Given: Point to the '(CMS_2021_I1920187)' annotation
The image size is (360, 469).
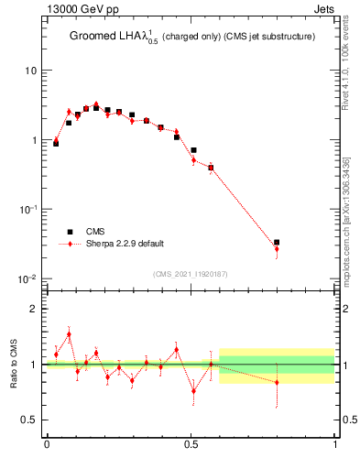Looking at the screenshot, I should click(190, 273).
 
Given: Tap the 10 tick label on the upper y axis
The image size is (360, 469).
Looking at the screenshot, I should click(31, 71).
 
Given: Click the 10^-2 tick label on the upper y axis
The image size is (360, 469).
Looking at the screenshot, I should click(28, 278).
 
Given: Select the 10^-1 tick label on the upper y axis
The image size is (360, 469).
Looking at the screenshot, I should click(28, 209).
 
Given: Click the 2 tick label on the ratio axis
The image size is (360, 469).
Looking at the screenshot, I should click(34, 309).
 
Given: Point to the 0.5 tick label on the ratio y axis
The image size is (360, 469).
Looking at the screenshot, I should click(29, 420).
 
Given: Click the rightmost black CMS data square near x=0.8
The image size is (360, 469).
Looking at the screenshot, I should click(277, 243).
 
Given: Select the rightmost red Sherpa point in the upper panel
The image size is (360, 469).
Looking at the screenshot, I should click(277, 249).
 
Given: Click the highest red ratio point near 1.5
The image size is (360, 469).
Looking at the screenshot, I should click(69, 334).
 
